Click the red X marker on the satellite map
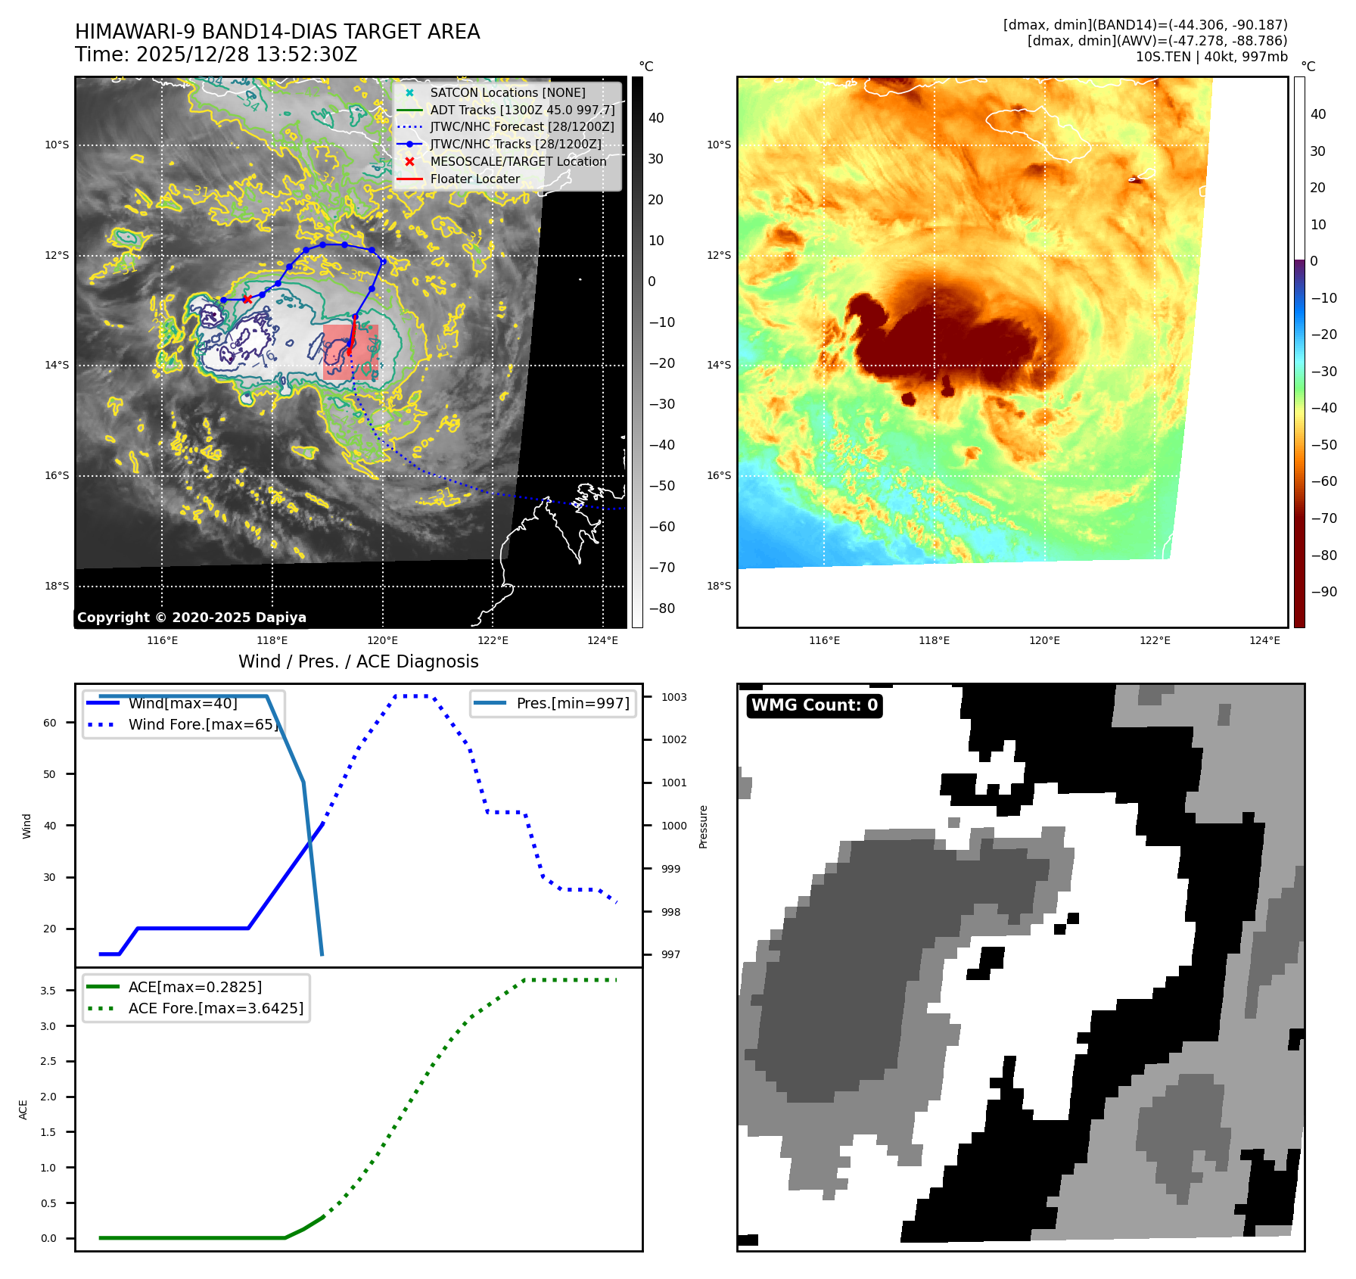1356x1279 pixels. pyautogui.click(x=247, y=299)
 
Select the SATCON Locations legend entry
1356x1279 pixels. pyautogui.click(x=507, y=92)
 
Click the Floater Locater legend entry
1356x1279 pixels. pyautogui.click(x=474, y=179)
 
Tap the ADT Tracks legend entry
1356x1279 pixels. pyautogui.click(x=522, y=110)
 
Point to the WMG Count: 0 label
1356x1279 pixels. pyautogui.click(x=814, y=705)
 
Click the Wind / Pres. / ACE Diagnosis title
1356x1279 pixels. pyautogui.click(x=358, y=661)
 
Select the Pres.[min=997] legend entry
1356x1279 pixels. pyautogui.click(x=572, y=703)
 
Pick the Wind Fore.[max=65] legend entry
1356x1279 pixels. pyautogui.click(x=203, y=724)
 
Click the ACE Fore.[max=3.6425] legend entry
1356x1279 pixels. pyautogui.click(x=216, y=1008)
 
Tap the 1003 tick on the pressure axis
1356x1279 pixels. pyautogui.click(x=673, y=697)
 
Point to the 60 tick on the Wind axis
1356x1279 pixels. pyautogui.click(x=50, y=723)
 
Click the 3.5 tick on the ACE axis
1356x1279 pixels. pyautogui.click(x=48, y=991)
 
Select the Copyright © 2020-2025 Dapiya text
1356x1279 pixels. pyautogui.click(x=191, y=618)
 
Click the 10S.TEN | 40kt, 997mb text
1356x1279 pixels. pyautogui.click(x=1211, y=57)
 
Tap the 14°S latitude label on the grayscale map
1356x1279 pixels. pyautogui.click(x=57, y=365)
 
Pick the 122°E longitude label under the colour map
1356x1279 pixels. pyautogui.click(x=1155, y=640)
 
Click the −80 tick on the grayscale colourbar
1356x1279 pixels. pyautogui.click(x=661, y=608)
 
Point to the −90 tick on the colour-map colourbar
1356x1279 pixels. pyautogui.click(x=1323, y=592)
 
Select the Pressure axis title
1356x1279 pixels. pyautogui.click(x=704, y=826)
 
